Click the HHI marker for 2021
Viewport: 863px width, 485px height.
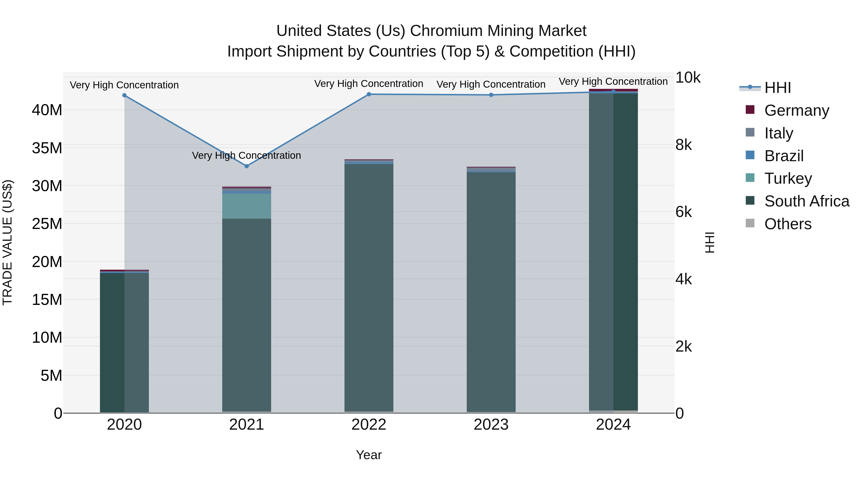click(x=247, y=166)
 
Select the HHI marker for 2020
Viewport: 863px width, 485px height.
click(x=124, y=95)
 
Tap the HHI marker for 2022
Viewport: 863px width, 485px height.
click(x=369, y=94)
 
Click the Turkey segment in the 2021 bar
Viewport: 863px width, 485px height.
click(x=247, y=206)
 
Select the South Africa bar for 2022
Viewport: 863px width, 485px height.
click(x=369, y=288)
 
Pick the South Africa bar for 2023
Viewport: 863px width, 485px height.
click(x=491, y=291)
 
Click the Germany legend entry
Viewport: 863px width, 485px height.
click(x=796, y=110)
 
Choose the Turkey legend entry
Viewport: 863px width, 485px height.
click(x=788, y=178)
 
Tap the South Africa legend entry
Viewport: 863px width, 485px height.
click(x=806, y=201)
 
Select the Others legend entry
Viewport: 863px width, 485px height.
click(x=788, y=224)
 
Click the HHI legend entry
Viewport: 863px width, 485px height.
click(x=777, y=88)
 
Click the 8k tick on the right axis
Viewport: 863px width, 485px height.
click(x=683, y=145)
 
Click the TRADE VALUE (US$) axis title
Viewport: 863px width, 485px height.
click(x=7, y=242)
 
